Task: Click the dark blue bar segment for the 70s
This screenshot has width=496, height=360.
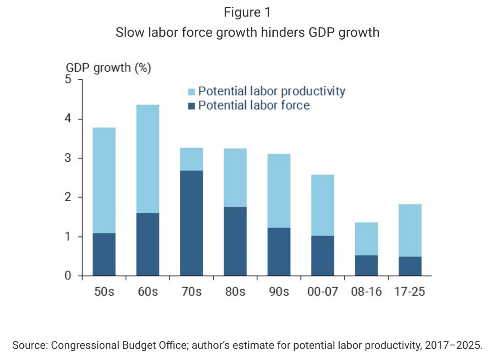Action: (191, 223)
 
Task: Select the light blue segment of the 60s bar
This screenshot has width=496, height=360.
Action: (148, 159)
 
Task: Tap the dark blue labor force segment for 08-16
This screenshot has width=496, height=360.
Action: (366, 265)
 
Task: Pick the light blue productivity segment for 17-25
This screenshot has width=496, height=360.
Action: (410, 230)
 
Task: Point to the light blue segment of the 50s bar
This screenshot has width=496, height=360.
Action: (104, 180)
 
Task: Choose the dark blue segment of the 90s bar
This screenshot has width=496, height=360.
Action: (279, 252)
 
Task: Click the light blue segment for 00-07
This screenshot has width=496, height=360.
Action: (323, 205)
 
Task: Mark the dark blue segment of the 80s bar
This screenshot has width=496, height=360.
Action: (235, 241)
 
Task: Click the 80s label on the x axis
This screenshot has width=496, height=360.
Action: (235, 292)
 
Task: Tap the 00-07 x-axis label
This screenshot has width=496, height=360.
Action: (323, 292)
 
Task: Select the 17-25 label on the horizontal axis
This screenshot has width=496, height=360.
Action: (410, 292)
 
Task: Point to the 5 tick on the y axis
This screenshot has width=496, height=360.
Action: (68, 79)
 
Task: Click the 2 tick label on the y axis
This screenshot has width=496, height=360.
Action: (68, 197)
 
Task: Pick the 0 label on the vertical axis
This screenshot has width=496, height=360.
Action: (68, 276)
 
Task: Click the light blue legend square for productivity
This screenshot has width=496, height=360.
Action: (191, 92)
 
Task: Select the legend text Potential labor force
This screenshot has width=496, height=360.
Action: (254, 105)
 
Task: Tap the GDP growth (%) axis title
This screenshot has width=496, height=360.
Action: (109, 68)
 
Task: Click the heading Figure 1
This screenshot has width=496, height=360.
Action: (247, 12)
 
